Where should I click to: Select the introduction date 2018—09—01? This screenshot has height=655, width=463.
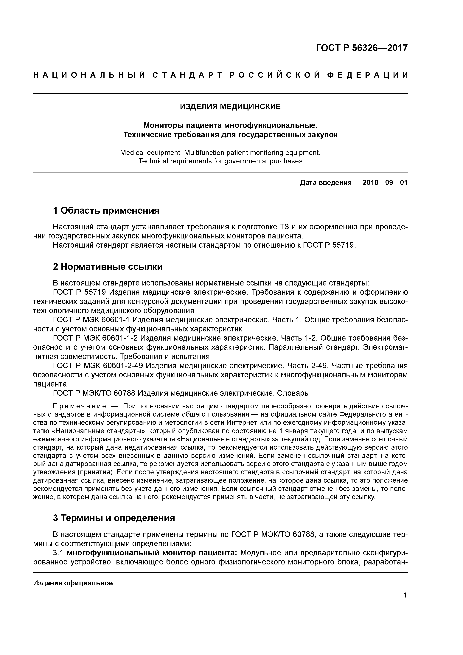pos(385,183)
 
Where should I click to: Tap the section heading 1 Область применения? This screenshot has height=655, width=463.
pos(106,211)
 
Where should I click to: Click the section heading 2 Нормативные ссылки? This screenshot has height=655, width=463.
pos(108,267)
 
